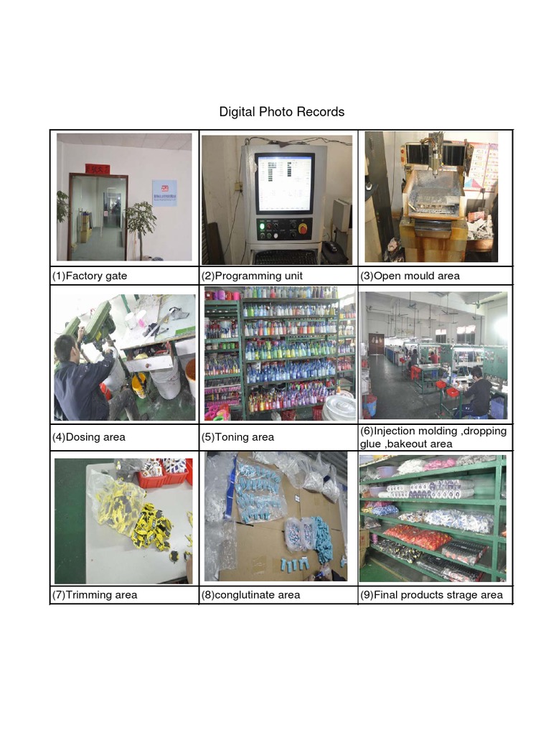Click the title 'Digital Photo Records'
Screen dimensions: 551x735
click(x=281, y=112)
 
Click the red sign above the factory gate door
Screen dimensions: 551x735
click(x=98, y=169)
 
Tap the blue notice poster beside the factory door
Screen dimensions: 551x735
click(x=164, y=192)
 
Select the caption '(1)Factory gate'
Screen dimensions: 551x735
click(x=90, y=276)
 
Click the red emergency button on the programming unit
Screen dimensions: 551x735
click(x=301, y=228)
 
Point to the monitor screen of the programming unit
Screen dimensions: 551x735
click(x=285, y=183)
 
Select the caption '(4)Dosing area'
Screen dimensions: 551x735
click(x=88, y=436)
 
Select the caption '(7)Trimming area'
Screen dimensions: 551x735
click(x=94, y=595)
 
